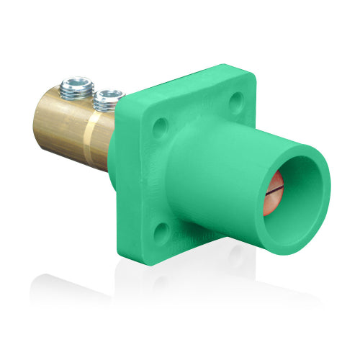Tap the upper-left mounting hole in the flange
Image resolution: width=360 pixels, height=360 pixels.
(x=160, y=127)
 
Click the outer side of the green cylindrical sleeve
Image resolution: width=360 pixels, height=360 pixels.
(x=216, y=173)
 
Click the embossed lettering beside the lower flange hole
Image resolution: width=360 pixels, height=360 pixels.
(x=186, y=238)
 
